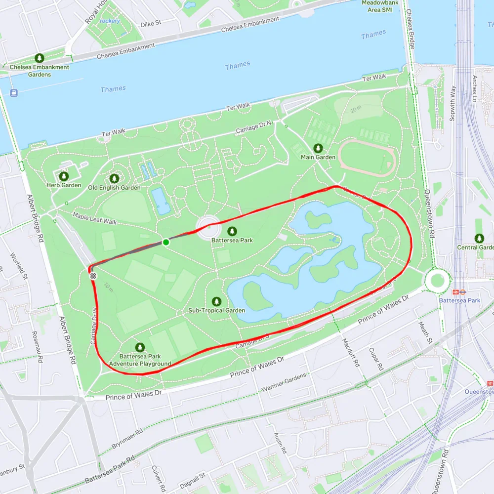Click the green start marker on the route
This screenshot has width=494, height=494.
(x=166, y=242)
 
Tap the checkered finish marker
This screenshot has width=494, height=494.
(x=93, y=276)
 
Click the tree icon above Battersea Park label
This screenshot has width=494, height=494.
(x=232, y=231)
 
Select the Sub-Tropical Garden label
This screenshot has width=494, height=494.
(x=216, y=310)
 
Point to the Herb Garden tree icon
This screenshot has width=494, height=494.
(x=64, y=176)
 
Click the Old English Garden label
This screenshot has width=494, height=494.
(x=114, y=188)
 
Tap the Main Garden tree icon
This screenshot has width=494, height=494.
(x=318, y=148)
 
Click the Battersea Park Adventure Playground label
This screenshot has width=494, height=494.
(x=140, y=360)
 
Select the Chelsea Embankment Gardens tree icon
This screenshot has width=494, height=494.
(x=39, y=58)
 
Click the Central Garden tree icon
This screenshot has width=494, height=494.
(x=479, y=238)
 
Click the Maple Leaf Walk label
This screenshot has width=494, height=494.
(x=95, y=219)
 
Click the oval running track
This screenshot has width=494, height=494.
(x=366, y=158)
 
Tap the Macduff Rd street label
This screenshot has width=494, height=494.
(x=356, y=353)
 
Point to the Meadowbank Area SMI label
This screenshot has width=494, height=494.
(x=380, y=6)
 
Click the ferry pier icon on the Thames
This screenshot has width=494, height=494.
(x=13, y=92)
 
